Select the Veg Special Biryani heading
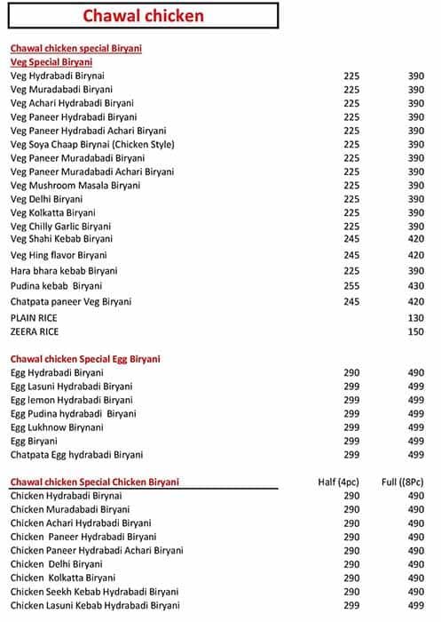pyautogui.click(x=51, y=62)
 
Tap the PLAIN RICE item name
pyautogui.click(x=34, y=317)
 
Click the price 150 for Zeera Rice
pyautogui.click(x=415, y=331)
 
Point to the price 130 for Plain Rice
pyautogui.click(x=415, y=317)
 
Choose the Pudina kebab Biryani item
pyautogui.click(x=56, y=286)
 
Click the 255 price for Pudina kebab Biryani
pyautogui.click(x=351, y=286)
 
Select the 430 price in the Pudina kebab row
pyautogui.click(x=415, y=286)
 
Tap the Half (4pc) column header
pyautogui.click(x=338, y=482)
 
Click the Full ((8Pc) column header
pyautogui.click(x=404, y=482)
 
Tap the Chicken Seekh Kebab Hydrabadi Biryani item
pyautogui.click(x=94, y=592)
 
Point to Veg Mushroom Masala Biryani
pyautogui.click(x=73, y=186)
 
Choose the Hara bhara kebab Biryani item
pyautogui.click(x=64, y=270)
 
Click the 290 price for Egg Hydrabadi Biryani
pyautogui.click(x=351, y=373)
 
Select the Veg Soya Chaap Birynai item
pyautogui.click(x=92, y=144)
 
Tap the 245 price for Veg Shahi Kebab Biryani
pyautogui.click(x=351, y=238)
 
